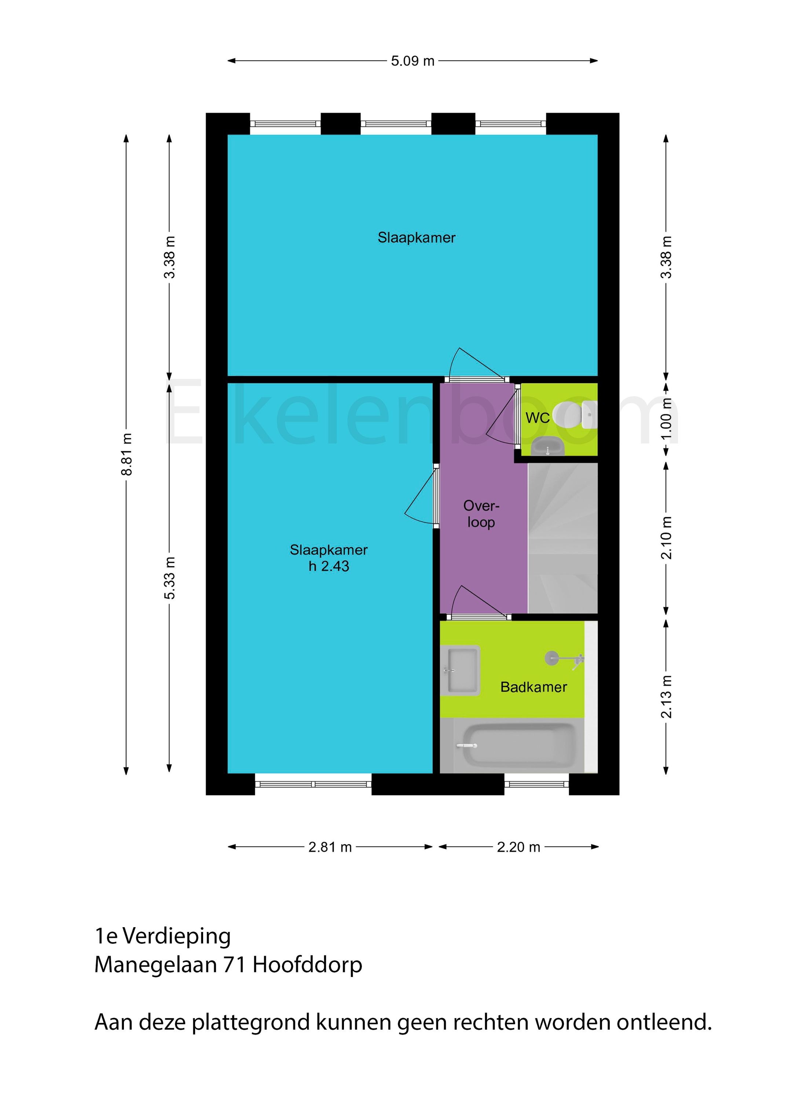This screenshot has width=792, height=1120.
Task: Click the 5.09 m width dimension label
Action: (x=412, y=61)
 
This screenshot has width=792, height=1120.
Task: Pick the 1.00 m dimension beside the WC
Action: (x=667, y=419)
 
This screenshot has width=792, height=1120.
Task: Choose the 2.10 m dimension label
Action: (x=667, y=537)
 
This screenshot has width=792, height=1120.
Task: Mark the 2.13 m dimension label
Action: (x=667, y=697)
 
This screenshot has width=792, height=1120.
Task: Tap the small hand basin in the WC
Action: (x=547, y=446)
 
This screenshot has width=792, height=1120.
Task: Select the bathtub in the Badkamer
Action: (x=519, y=745)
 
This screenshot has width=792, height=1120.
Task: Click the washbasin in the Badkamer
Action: (x=460, y=670)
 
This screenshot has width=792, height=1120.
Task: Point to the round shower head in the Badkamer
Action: (x=552, y=658)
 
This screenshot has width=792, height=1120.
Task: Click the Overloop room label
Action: (x=481, y=514)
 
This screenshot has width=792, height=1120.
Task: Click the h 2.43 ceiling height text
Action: (x=329, y=566)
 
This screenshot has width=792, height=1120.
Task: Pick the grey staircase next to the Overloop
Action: (x=562, y=537)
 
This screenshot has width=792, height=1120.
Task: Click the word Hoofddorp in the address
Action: (x=307, y=965)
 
